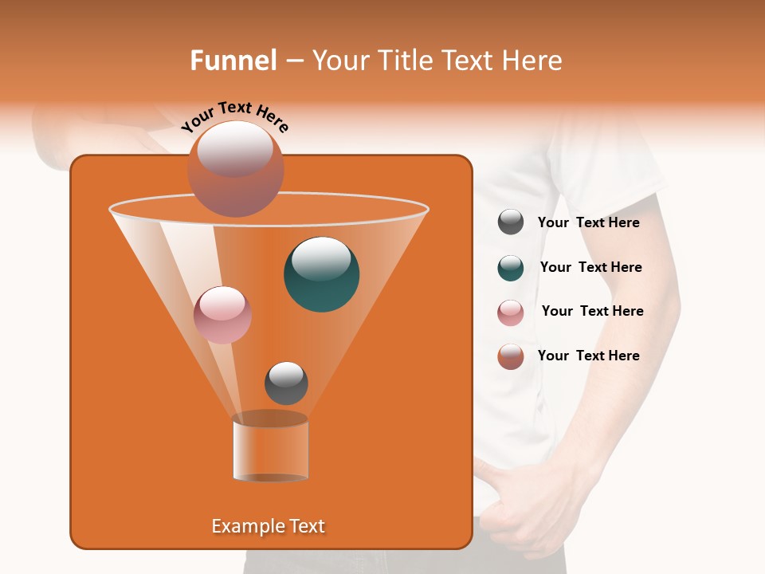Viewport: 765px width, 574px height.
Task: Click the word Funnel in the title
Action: [233, 61]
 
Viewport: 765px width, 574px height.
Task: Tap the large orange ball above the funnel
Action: [235, 169]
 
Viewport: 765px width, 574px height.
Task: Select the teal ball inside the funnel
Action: [321, 274]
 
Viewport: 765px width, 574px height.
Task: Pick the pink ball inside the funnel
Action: [222, 315]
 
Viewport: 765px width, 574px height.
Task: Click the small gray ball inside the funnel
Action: [286, 383]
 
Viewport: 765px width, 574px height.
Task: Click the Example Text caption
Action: [268, 526]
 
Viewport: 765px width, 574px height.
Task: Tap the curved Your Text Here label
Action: [234, 116]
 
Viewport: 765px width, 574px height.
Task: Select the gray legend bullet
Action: [511, 222]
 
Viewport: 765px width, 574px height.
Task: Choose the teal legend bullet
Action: [511, 268]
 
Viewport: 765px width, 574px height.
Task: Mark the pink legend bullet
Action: [511, 313]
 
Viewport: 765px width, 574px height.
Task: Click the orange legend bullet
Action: [511, 356]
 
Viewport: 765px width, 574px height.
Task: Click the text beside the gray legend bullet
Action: [588, 223]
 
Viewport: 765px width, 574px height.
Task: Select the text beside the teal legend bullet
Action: [590, 268]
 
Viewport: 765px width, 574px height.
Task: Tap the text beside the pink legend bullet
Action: [592, 312]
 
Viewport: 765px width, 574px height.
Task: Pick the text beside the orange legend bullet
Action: [588, 356]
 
